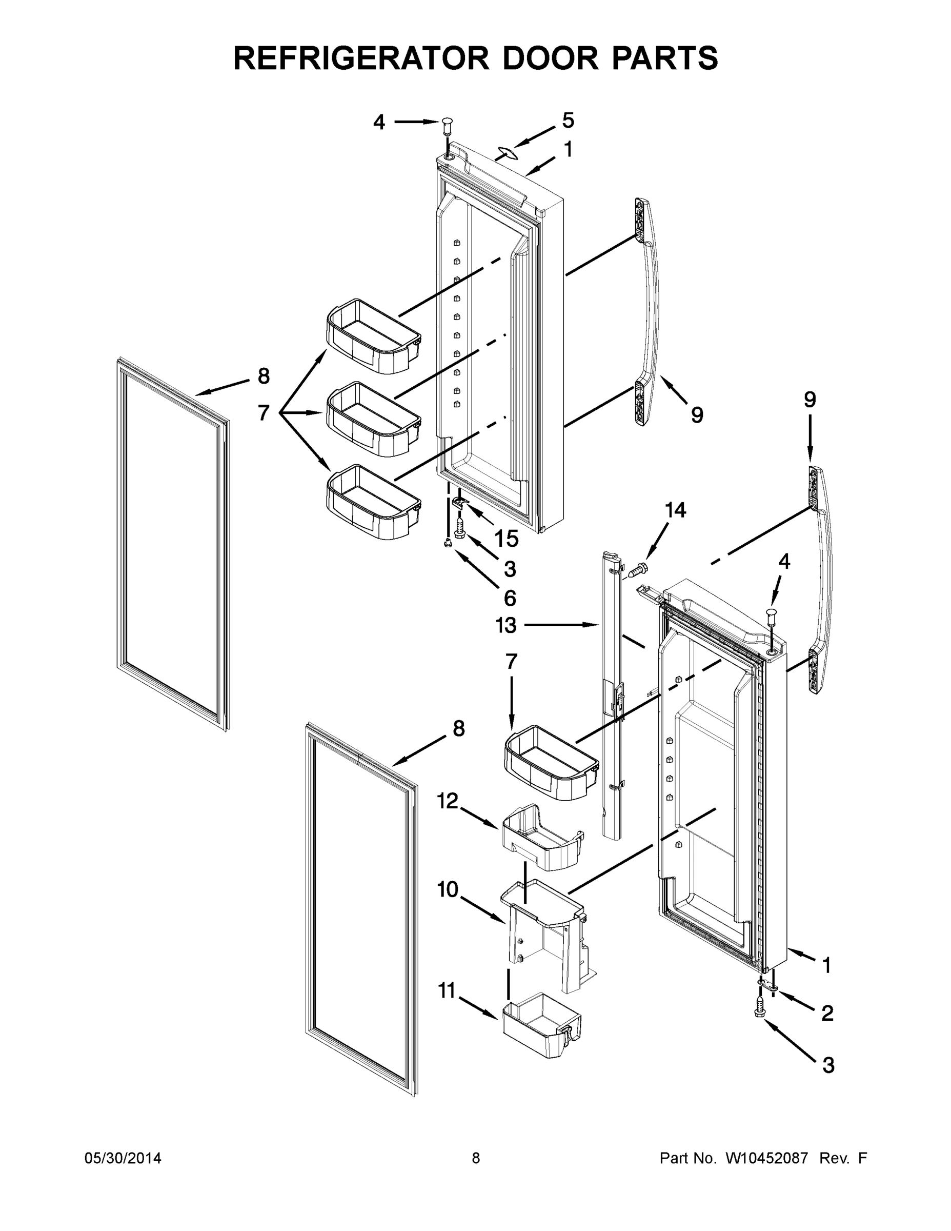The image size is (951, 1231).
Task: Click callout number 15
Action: [x=506, y=538]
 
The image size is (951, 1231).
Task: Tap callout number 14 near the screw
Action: [x=675, y=510]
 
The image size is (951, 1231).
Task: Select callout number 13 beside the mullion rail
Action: [x=505, y=625]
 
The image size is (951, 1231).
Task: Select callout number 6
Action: [x=509, y=598]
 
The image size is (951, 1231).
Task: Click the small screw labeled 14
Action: [x=638, y=569]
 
